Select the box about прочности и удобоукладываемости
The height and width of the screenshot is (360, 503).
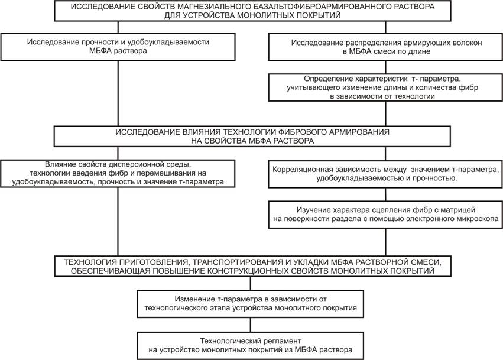[x=118, y=47]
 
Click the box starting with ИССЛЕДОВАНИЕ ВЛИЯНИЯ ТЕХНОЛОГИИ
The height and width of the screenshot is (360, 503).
[x=252, y=137]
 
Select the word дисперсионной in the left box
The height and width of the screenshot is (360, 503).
[x=135, y=164]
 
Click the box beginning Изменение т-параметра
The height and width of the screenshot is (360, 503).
[x=251, y=304]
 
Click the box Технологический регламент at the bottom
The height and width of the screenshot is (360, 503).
[x=251, y=346]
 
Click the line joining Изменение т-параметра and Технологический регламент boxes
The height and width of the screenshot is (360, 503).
[x=251, y=325]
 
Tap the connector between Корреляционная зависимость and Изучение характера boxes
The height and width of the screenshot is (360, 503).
[x=385, y=194]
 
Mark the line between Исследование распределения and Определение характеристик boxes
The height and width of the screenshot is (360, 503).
[x=385, y=67]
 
